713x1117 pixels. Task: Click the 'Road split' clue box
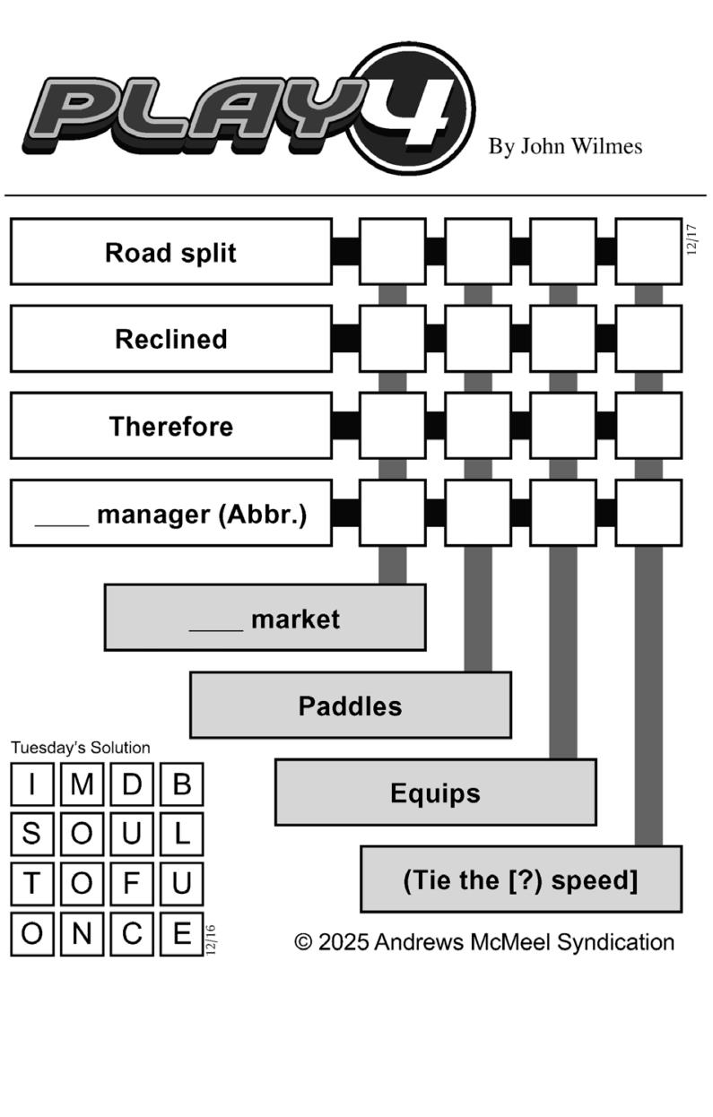[170, 252]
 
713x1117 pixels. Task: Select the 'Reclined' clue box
[170, 339]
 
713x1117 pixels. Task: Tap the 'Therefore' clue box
[170, 426]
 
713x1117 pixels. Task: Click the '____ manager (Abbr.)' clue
[170, 514]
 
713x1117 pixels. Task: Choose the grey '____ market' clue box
[265, 618]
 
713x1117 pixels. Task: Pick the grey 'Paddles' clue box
[350, 706]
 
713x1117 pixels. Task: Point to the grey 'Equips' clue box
[435, 792]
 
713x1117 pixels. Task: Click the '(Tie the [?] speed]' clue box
[520, 879]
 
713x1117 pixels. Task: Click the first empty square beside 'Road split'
[392, 252]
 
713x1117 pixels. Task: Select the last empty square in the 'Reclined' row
[648, 339]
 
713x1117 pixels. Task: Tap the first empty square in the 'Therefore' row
[392, 426]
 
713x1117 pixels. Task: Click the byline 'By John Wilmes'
[565, 146]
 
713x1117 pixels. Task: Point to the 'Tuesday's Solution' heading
[81, 748]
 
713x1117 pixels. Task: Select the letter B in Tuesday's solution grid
[182, 784]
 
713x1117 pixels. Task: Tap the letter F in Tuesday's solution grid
[132, 883]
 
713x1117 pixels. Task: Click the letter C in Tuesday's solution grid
[132, 933]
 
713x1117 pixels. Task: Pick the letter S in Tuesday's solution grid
[32, 834]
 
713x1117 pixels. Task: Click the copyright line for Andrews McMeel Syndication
[484, 942]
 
